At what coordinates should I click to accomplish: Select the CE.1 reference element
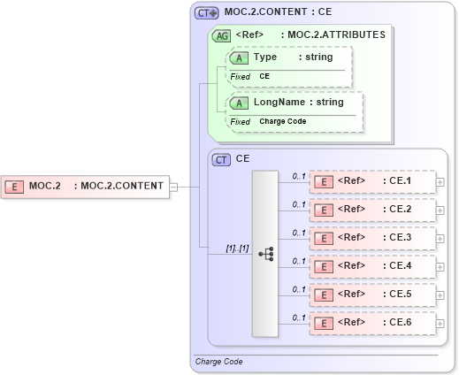(x=371, y=181)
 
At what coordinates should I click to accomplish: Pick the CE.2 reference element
(x=371, y=210)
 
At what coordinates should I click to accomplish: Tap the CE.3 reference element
(x=371, y=238)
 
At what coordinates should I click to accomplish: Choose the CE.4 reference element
(x=371, y=265)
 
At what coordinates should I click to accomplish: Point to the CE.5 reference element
(x=371, y=295)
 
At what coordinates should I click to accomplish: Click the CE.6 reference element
(x=371, y=323)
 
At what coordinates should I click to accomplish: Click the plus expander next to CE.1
(x=440, y=182)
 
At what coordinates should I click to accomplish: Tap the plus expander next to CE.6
(x=440, y=324)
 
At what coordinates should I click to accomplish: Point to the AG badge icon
(x=221, y=35)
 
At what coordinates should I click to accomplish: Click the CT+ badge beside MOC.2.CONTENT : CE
(x=207, y=12)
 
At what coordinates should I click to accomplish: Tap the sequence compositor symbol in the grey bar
(x=265, y=253)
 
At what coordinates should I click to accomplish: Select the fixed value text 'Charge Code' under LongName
(x=282, y=121)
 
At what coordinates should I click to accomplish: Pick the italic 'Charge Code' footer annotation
(x=218, y=362)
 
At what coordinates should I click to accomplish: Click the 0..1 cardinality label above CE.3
(x=298, y=233)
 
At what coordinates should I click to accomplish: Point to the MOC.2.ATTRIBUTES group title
(x=333, y=35)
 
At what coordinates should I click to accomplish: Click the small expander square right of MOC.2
(x=174, y=187)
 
